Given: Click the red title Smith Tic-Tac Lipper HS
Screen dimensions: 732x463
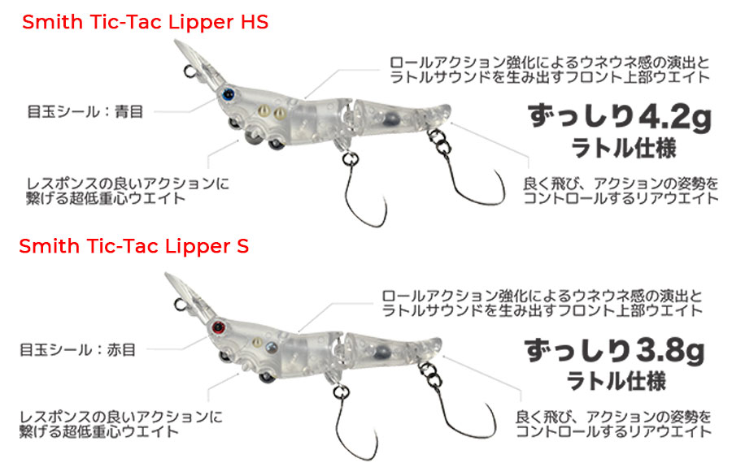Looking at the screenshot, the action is [x=146, y=22].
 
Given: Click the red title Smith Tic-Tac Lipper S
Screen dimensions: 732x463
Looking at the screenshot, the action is [x=134, y=246].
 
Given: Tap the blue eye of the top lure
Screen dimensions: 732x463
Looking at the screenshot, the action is [x=228, y=95].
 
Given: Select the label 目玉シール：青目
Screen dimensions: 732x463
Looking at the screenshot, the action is [x=85, y=112].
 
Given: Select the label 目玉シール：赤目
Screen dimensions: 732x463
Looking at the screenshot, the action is [x=77, y=350].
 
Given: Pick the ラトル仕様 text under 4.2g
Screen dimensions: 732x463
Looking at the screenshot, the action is [x=624, y=149].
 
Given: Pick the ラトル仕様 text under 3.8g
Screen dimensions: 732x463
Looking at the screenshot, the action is [x=617, y=382].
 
